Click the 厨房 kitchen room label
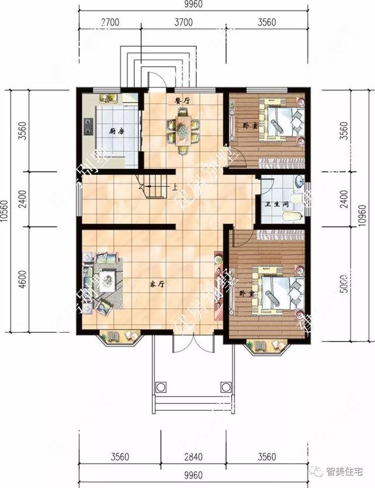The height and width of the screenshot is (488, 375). [x=114, y=132]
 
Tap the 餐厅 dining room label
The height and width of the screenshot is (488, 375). [x=182, y=101]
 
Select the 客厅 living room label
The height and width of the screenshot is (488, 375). [x=155, y=284]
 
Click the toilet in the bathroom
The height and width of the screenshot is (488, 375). [x=292, y=216]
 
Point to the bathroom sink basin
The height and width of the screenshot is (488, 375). [x=298, y=181]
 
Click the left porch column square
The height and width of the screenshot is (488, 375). [x=159, y=386]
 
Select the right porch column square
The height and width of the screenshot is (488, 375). [x=225, y=386]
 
